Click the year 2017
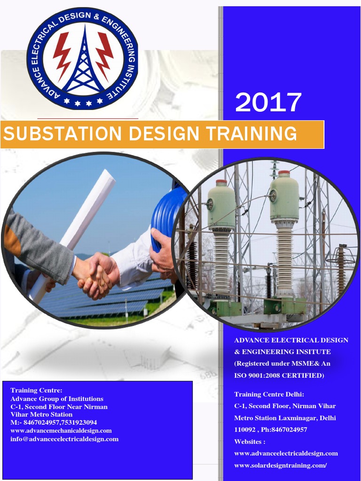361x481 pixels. point(268,102)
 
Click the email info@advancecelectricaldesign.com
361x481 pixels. point(64,439)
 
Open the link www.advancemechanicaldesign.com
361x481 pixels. point(61,431)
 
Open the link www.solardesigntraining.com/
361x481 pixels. point(281,465)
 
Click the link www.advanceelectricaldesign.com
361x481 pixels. point(286,453)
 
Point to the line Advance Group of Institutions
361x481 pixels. point(57,399)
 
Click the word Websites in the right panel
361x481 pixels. point(250,442)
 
